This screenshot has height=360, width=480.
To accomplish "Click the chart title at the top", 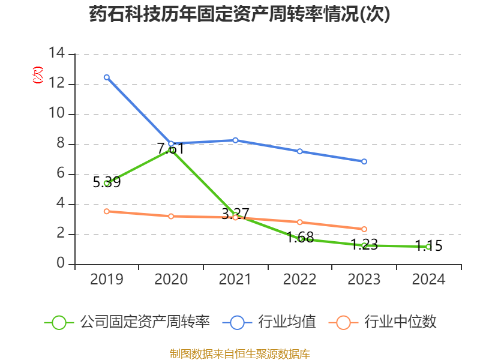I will [x=239, y=14].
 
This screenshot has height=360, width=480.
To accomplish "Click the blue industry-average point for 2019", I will [x=106, y=77].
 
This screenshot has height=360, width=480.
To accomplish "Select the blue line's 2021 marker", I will [x=235, y=140].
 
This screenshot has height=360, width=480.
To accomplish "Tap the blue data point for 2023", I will [x=364, y=161].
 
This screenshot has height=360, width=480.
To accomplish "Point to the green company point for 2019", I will [x=106, y=183].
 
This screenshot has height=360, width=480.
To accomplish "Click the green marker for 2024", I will [x=428, y=247].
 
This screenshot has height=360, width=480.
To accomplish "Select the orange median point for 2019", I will [x=106, y=211].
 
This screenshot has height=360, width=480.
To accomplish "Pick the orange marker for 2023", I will [x=364, y=229].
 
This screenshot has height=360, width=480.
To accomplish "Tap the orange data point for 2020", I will [x=171, y=216].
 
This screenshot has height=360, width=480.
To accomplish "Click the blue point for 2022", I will [x=300, y=151].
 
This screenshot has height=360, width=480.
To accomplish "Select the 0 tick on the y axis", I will [x=61, y=264].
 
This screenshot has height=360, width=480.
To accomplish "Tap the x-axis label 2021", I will [x=235, y=280].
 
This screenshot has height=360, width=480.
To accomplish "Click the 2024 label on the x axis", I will [x=428, y=280].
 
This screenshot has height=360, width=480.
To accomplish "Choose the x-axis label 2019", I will [x=106, y=280].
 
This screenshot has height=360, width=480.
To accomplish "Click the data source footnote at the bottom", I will [x=239, y=353].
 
